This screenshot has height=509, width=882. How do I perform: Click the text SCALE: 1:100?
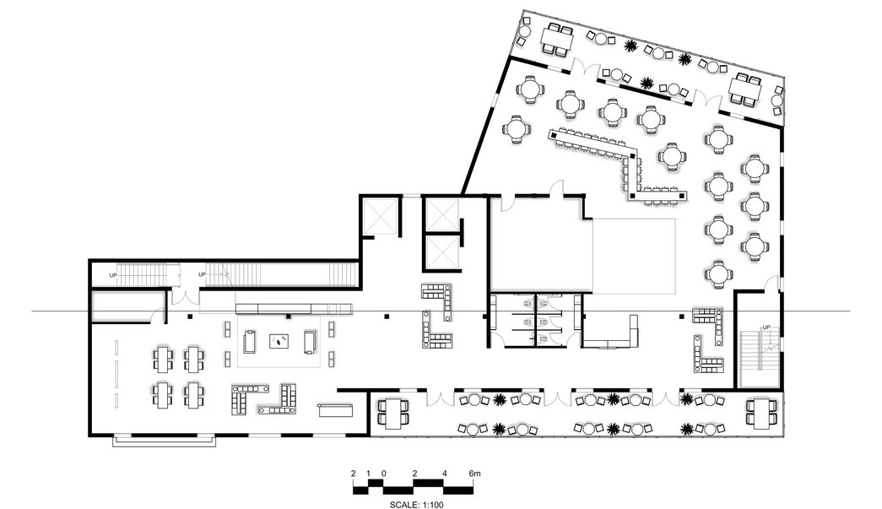click(x=416, y=505)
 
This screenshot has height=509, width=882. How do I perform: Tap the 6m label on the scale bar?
click(x=474, y=474)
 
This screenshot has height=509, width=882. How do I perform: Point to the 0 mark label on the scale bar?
click(x=384, y=474)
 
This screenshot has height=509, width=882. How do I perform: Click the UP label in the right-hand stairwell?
click(x=766, y=328)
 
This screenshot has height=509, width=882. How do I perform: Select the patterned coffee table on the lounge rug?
click(x=279, y=341)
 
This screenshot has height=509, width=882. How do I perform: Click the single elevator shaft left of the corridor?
click(x=381, y=215)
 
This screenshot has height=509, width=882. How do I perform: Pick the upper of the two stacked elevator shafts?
click(x=442, y=214)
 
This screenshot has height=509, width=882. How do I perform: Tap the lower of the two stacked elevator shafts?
click(x=442, y=251)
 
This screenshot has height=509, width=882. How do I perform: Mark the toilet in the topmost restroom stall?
click(x=528, y=303)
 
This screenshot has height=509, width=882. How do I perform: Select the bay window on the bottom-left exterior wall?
click(x=165, y=441)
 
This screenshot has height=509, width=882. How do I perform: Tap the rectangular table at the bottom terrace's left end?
click(x=391, y=413)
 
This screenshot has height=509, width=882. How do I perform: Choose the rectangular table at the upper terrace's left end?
click(x=556, y=40)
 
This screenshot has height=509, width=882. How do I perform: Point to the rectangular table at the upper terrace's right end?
click(x=745, y=90)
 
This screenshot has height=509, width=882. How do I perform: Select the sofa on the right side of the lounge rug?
click(x=310, y=342)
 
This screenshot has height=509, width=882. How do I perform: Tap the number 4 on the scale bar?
click(x=444, y=474)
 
